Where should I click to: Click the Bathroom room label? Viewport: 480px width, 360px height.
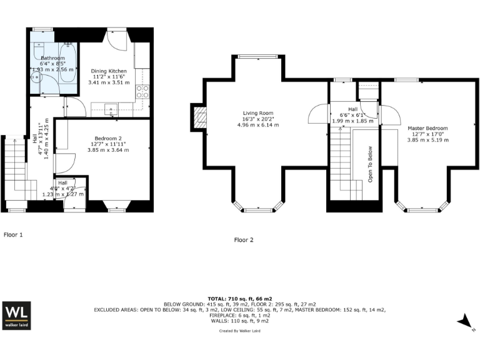pos(52,57)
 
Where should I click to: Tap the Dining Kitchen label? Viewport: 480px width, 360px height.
pos(109,71)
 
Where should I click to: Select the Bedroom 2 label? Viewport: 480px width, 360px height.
pos(108,138)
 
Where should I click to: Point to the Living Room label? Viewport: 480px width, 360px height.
pos(258,114)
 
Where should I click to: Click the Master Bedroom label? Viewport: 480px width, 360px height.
pos(427,128)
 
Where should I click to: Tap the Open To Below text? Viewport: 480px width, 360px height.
pos(370,164)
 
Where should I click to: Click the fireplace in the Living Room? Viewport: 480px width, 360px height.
pos(201,119)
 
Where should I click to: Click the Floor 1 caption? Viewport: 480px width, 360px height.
pos(13,234)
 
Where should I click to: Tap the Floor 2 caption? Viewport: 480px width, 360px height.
pos(244,239)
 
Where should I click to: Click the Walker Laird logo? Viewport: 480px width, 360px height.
pos(17,316)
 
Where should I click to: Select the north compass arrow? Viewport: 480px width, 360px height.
pos(466,322)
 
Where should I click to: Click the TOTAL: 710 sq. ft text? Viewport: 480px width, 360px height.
pos(240,299)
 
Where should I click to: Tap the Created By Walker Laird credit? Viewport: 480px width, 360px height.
pos(240,331)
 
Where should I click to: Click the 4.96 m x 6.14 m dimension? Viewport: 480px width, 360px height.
pos(258,125)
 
